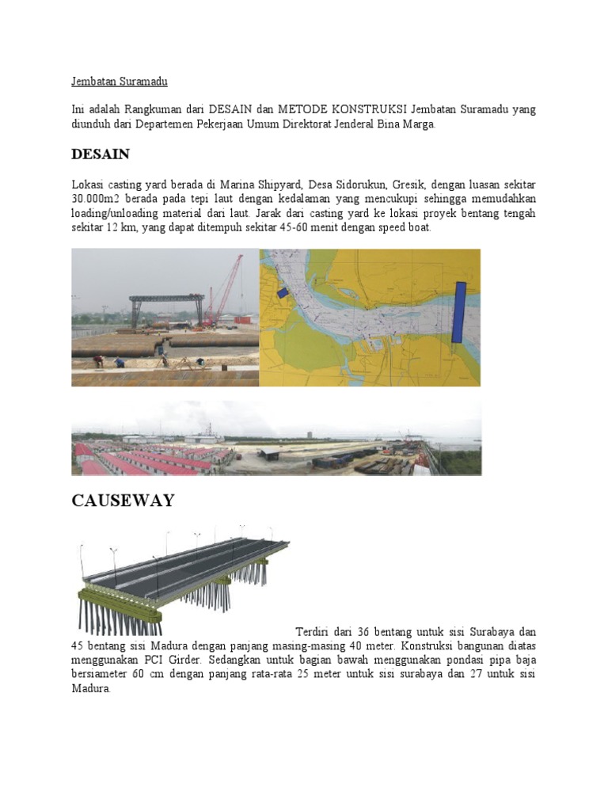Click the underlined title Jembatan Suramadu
(x=120, y=82)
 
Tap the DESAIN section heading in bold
(x=101, y=154)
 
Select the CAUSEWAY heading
(x=123, y=501)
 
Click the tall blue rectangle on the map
(x=458, y=311)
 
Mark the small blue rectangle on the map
(x=283, y=292)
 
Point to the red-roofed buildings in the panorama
(x=142, y=460)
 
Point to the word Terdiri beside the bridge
(x=313, y=632)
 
